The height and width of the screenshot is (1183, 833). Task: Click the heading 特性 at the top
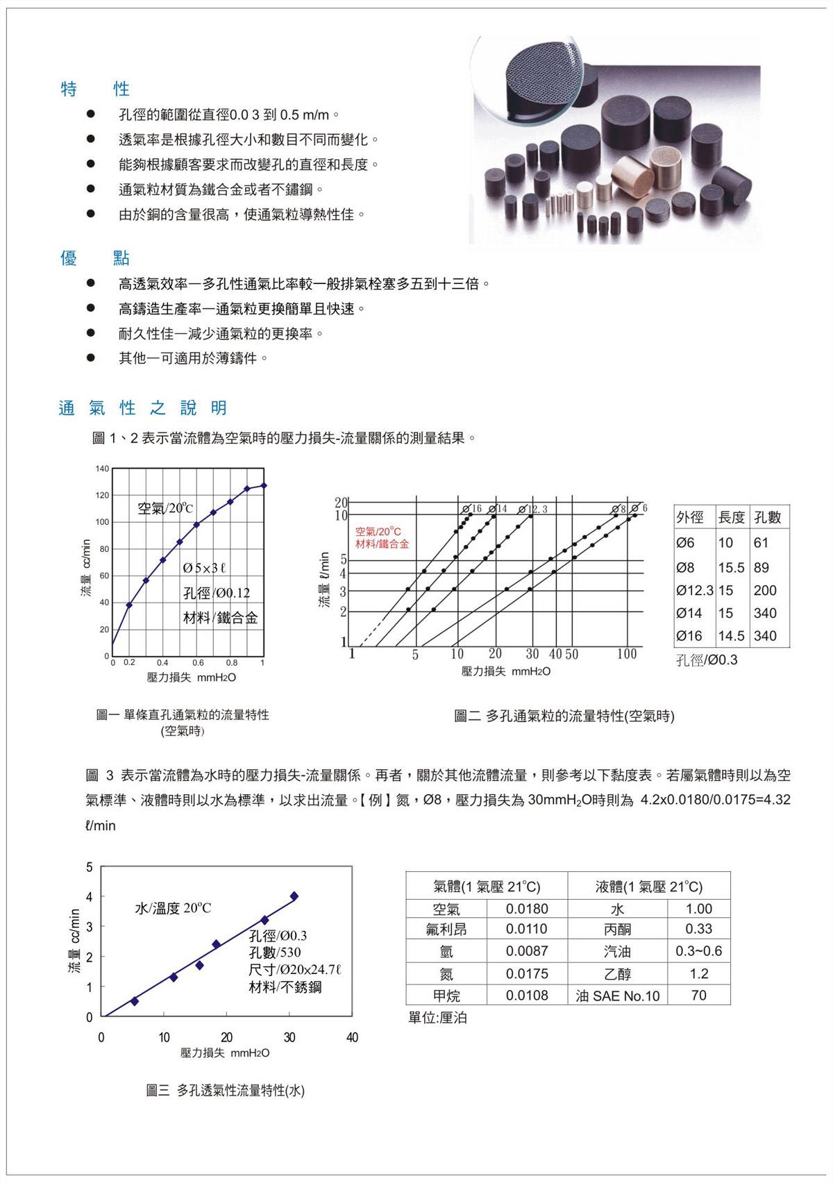point(95,89)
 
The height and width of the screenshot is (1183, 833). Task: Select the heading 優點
point(95,258)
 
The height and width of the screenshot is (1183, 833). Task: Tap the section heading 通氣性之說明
point(143,408)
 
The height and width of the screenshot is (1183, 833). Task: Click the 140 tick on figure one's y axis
point(102,469)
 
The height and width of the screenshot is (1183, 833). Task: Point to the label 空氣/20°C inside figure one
point(165,508)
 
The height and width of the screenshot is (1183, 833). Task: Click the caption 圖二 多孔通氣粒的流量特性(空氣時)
point(564,716)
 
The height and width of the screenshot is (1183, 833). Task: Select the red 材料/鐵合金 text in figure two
point(382,544)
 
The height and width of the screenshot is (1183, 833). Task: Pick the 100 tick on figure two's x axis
point(626,654)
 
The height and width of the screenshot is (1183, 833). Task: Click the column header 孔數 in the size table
point(768,517)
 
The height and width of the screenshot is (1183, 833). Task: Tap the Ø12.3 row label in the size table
point(694,590)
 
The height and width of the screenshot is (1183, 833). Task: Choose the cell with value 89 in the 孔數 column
point(762,567)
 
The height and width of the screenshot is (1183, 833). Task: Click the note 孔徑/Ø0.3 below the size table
point(707,660)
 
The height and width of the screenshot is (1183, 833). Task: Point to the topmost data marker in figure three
point(294,896)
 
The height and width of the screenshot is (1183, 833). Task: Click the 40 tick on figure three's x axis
point(352,1037)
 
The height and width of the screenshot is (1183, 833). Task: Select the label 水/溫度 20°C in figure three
point(173,908)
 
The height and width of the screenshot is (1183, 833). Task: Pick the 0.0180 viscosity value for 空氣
point(527,909)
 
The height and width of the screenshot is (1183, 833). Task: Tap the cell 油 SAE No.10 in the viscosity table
point(617,996)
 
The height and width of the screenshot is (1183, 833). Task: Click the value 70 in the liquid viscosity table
point(698,996)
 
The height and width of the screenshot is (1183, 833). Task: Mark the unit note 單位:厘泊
point(437,1018)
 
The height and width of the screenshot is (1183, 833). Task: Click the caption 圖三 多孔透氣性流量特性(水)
point(226,1091)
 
